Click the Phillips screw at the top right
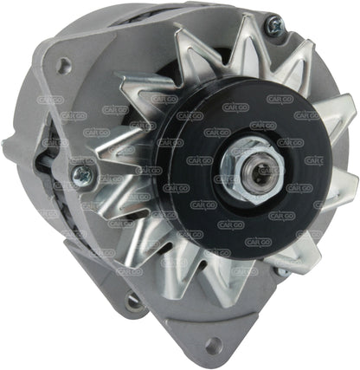pyautogui.click(x=298, y=25)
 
